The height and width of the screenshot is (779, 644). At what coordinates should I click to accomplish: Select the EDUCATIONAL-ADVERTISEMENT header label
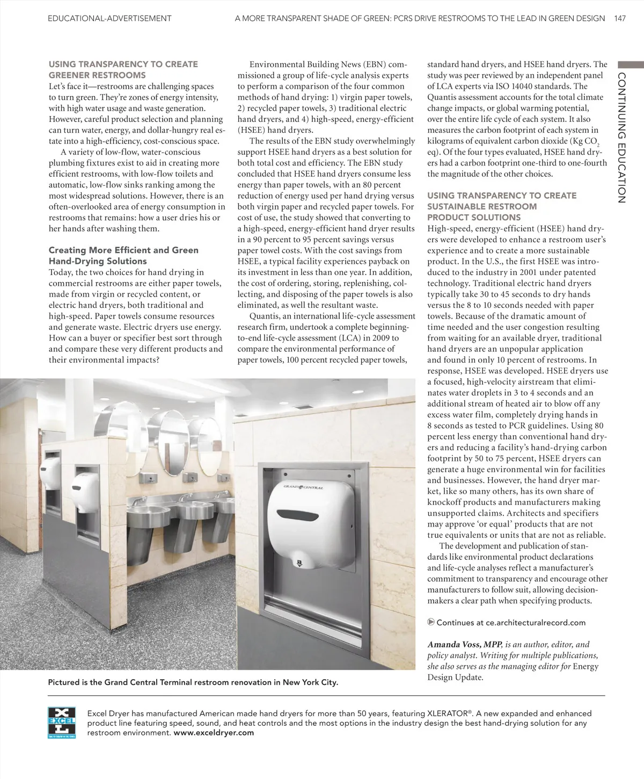(109, 18)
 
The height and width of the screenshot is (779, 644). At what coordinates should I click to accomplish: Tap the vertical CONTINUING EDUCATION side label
(622, 137)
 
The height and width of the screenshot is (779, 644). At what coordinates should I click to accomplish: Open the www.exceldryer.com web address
(214, 732)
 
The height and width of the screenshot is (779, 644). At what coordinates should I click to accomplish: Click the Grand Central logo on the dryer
(303, 487)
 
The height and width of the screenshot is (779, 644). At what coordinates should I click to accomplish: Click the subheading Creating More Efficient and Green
(123, 250)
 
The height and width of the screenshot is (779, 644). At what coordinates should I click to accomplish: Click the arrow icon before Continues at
(430, 623)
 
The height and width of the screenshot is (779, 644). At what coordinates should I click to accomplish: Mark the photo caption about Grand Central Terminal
(193, 683)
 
